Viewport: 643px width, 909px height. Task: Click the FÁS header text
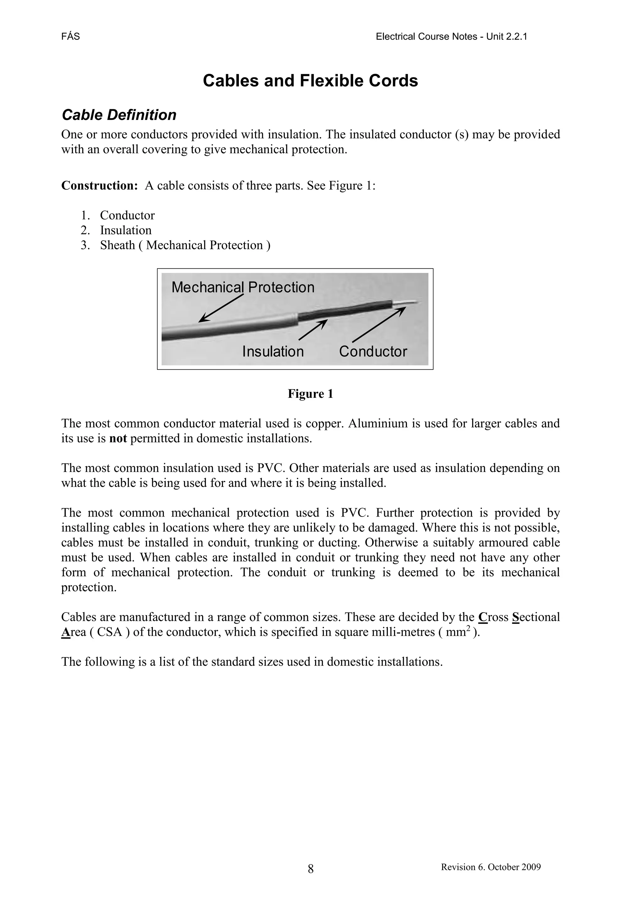coord(70,37)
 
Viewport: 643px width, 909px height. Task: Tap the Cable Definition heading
coord(119,115)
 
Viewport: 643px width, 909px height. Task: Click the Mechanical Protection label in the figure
coord(243,287)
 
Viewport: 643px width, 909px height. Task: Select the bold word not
coord(118,439)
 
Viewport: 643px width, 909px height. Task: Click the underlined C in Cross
coord(482,617)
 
